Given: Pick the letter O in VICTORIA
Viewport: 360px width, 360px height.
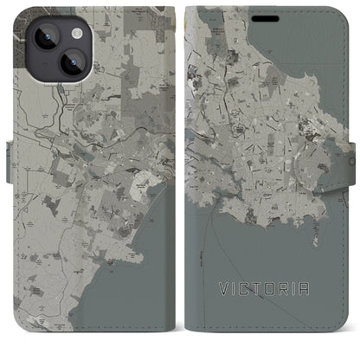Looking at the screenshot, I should point(274,305).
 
